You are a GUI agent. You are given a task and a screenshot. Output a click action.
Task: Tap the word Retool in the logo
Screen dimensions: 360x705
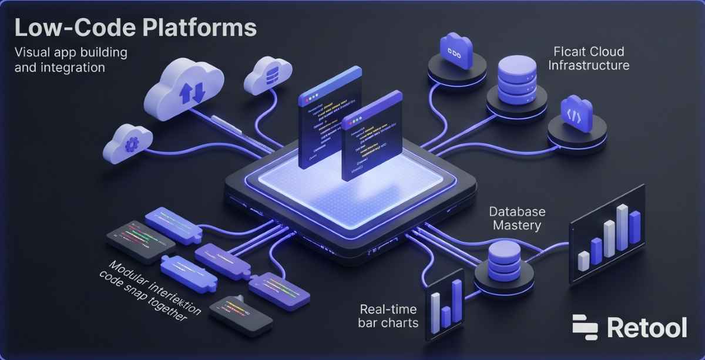tap(647, 327)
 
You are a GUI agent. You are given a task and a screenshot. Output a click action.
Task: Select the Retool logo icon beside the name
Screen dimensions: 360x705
tap(585, 327)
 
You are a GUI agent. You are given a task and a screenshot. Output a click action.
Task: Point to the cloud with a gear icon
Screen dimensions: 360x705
tap(128, 143)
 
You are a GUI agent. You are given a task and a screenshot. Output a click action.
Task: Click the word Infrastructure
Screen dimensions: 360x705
tap(589, 65)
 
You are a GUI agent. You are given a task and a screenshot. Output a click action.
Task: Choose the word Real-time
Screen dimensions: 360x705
tap(388, 309)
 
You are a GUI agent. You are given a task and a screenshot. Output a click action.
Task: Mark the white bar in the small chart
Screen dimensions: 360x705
tap(436, 306)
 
